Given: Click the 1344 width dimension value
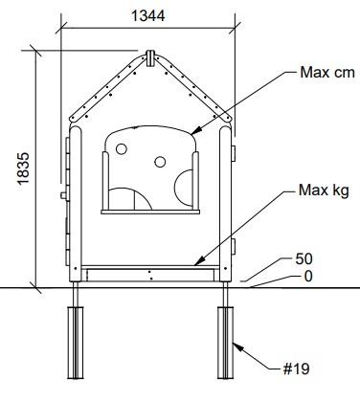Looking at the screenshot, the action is click(148, 15).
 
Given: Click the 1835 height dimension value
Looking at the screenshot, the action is click(24, 168).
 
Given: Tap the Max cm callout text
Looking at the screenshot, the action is click(327, 73).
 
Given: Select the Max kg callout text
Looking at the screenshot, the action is click(324, 190).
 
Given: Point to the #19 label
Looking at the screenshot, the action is click(297, 369).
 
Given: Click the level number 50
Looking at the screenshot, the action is click(304, 258).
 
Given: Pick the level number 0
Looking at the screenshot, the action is click(308, 277).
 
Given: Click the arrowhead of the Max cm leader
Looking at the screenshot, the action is click(195, 130).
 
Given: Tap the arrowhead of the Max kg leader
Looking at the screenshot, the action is click(199, 260).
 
